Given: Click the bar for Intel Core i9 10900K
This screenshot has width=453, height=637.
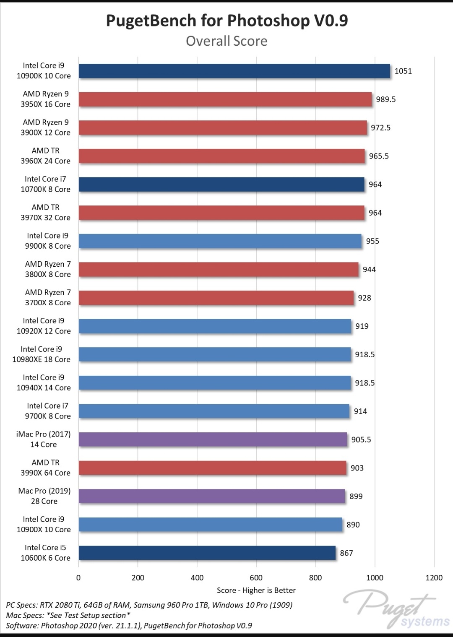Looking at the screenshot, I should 234,71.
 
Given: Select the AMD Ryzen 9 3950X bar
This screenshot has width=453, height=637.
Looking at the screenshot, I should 225,99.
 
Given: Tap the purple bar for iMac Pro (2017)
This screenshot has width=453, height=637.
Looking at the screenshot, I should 213,439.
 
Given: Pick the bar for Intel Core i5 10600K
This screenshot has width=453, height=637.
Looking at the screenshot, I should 207,553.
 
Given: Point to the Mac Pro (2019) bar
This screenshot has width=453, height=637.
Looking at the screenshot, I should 211,496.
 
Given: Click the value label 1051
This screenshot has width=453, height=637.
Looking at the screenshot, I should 403,71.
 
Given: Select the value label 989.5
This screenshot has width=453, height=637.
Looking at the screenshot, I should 385,99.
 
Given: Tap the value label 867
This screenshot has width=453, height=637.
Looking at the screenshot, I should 346,553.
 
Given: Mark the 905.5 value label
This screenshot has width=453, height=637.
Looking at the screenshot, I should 361,439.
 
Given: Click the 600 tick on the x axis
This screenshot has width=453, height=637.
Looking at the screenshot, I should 256,577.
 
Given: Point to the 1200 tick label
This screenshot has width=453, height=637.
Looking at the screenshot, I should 434,577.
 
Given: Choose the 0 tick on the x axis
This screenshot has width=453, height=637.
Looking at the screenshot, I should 78,577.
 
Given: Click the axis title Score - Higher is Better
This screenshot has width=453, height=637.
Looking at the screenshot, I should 256,590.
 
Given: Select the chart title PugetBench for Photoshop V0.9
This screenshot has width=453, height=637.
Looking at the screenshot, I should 226,21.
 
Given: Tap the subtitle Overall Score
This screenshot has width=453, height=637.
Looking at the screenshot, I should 226,41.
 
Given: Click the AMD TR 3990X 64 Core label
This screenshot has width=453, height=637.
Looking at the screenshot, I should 45,468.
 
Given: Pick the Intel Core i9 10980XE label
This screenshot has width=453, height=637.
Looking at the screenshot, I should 41,354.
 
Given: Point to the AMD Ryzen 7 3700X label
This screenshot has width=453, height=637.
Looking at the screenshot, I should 47,297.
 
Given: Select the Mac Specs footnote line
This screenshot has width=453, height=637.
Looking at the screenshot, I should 68,615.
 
